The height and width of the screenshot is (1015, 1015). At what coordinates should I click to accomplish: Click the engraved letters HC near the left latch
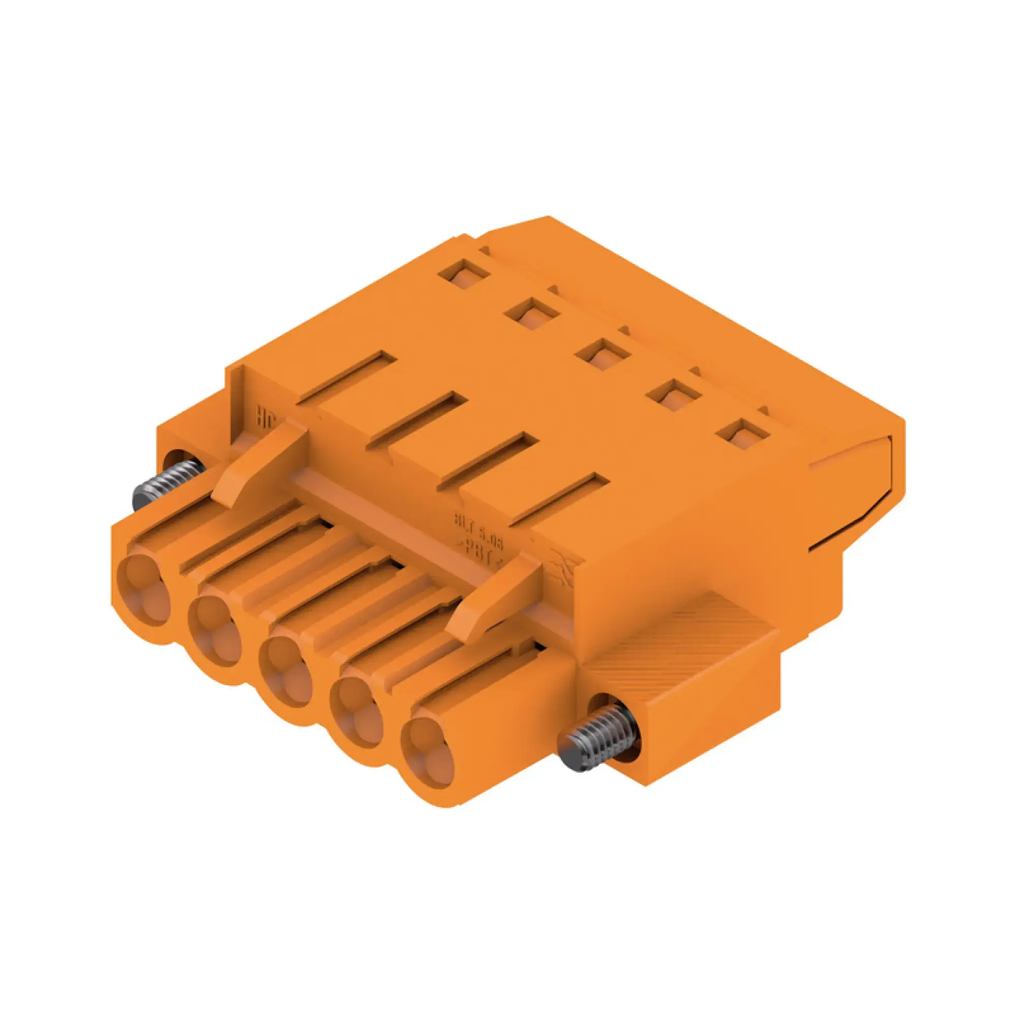(265, 419)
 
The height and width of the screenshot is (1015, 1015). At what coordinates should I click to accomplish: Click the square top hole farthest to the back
(465, 274)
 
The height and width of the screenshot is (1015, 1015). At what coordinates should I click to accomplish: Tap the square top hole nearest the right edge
(743, 435)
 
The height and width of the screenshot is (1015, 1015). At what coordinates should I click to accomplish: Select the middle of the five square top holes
(602, 354)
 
